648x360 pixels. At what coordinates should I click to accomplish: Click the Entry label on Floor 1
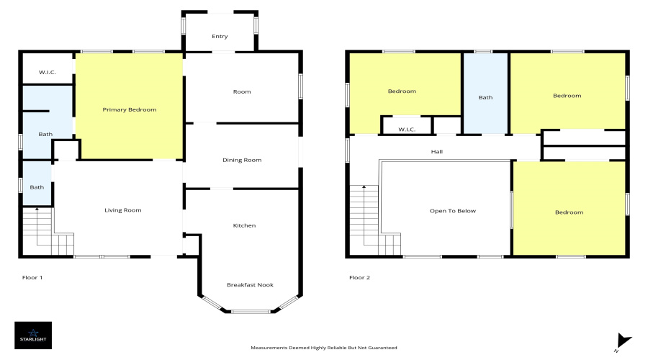(x=220, y=36)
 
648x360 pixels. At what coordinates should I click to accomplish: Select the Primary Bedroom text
(x=130, y=109)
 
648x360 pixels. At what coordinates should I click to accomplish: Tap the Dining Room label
(x=242, y=160)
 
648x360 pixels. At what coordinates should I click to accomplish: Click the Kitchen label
(x=244, y=225)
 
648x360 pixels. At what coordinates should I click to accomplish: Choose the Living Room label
(x=123, y=210)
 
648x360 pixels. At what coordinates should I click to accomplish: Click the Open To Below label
(x=454, y=211)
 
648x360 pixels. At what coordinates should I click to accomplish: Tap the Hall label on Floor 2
(x=437, y=152)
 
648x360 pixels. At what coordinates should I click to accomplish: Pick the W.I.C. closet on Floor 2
(x=407, y=130)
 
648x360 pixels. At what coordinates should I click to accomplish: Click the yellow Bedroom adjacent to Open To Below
(x=569, y=212)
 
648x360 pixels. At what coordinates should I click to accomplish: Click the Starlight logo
(x=33, y=334)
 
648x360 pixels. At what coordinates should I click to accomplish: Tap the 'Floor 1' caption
(x=33, y=277)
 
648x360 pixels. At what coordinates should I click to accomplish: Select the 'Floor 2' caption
(x=359, y=277)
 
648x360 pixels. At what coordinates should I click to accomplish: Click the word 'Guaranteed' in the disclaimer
(x=382, y=348)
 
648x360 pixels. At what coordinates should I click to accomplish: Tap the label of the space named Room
(x=242, y=91)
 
